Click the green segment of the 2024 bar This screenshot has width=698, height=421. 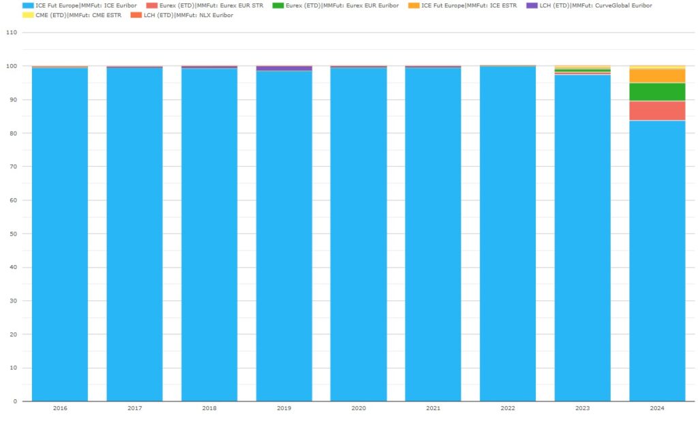(x=657, y=92)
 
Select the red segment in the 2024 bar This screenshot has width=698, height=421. (x=657, y=110)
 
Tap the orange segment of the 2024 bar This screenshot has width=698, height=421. (x=657, y=76)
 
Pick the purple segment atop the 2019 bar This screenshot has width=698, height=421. (x=284, y=68)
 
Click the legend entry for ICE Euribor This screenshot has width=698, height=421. (x=86, y=5)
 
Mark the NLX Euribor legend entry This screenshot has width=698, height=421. (x=188, y=15)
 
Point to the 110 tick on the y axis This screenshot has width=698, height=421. (x=10, y=33)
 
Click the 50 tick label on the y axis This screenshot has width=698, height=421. (x=12, y=234)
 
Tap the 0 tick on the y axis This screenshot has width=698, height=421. (x=14, y=401)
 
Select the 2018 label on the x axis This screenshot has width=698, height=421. (x=209, y=409)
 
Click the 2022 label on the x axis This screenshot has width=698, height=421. (x=508, y=409)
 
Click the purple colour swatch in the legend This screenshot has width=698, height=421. (x=531, y=5)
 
